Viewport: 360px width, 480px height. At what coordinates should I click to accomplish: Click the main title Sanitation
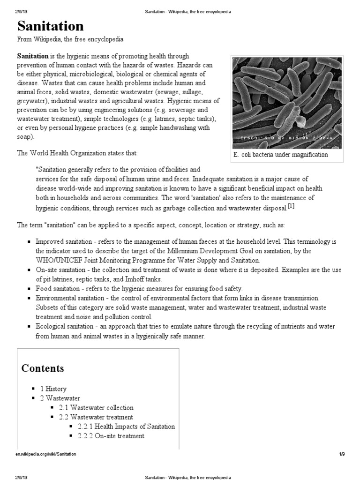(51, 26)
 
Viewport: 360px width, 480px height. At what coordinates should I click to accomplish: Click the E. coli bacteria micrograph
(287, 98)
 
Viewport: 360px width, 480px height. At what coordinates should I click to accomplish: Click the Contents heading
(43, 368)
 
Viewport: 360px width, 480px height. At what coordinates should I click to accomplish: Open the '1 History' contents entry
(53, 389)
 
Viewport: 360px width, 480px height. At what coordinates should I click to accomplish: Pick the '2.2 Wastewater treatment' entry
(96, 417)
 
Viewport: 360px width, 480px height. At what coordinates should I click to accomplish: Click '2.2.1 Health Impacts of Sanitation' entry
(121, 427)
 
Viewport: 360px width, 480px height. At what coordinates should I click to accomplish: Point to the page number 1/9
(342, 454)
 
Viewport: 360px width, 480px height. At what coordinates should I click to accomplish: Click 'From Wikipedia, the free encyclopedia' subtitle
(70, 39)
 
